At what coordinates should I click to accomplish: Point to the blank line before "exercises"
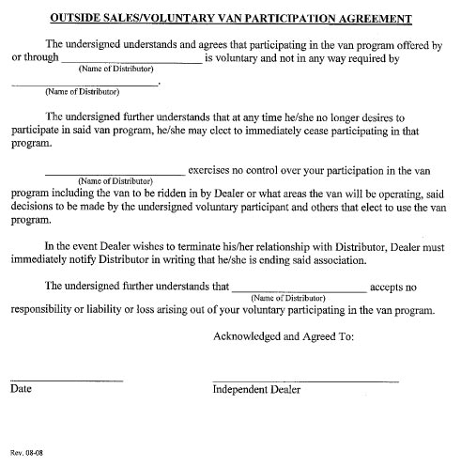pos(115,173)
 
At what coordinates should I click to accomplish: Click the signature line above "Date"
pos(66,379)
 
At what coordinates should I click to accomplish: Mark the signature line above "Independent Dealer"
pos(305,379)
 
